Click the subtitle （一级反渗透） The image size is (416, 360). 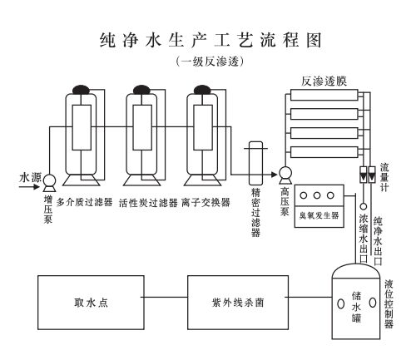click(x=207, y=62)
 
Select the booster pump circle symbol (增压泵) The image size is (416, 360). click(x=48, y=180)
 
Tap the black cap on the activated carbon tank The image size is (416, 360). click(x=141, y=87)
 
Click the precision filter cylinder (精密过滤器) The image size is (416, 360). click(x=255, y=162)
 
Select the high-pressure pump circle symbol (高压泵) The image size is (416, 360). click(x=285, y=174)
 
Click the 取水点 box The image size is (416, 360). click(x=91, y=303)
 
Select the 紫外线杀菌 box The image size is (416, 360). click(x=239, y=303)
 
